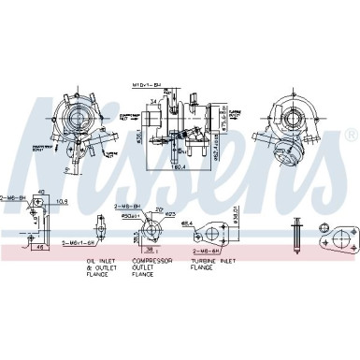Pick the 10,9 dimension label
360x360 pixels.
point(64,201)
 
